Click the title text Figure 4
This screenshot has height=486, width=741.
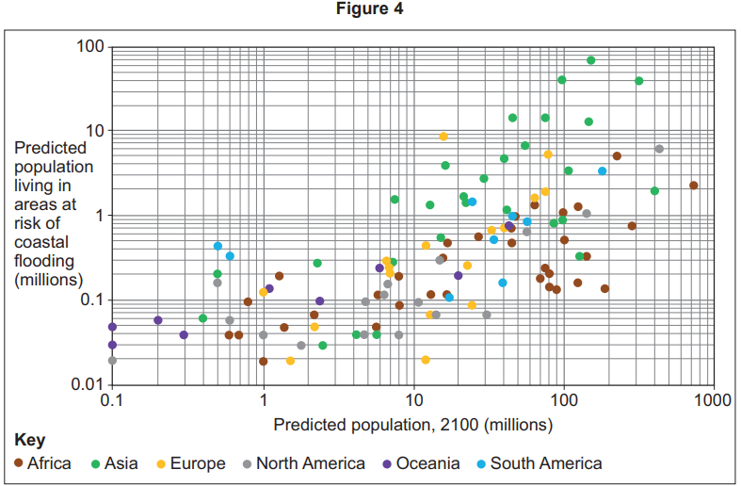(370, 10)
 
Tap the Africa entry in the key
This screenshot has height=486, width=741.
(48, 463)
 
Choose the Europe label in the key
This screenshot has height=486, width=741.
(197, 463)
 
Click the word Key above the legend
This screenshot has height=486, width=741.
(29, 441)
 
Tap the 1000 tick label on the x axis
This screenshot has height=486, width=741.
(712, 400)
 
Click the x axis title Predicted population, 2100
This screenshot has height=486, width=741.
(412, 425)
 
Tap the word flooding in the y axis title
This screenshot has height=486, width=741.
(42, 261)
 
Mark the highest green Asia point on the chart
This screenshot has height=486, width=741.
(590, 60)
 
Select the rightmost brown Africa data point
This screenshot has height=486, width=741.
(693, 186)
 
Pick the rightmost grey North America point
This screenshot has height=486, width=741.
(659, 149)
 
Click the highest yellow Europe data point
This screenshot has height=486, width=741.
(443, 137)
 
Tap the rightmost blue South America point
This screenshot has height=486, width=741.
(602, 171)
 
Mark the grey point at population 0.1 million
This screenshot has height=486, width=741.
(112, 360)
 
